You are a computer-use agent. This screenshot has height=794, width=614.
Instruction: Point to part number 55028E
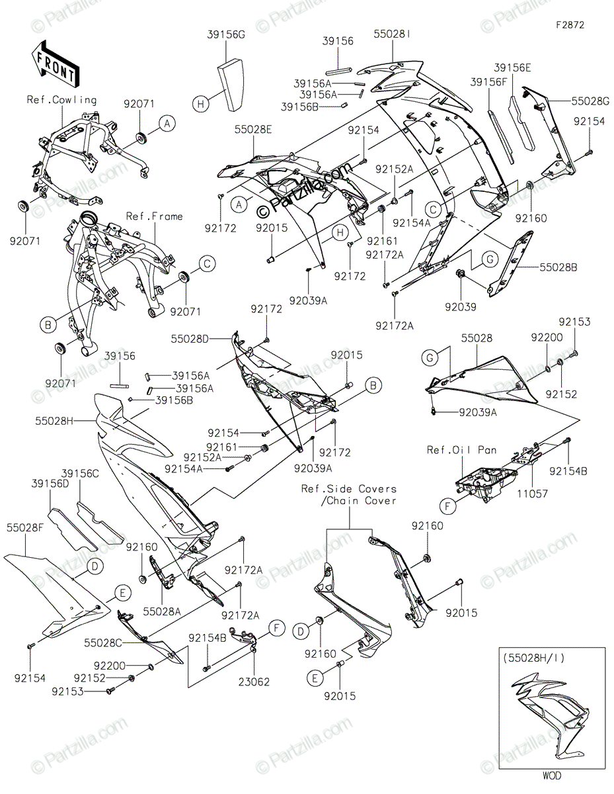pyautogui.click(x=252, y=130)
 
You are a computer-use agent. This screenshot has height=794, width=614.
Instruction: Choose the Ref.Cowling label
pyautogui.click(x=61, y=100)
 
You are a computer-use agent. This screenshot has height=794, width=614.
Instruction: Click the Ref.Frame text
pyautogui.click(x=155, y=216)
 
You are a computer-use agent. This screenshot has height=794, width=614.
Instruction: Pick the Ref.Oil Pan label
pyautogui.click(x=461, y=450)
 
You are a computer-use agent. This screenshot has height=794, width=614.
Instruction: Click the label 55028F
pyautogui.click(x=25, y=528)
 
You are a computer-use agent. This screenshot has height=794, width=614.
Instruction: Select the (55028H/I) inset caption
pyautogui.click(x=534, y=658)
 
